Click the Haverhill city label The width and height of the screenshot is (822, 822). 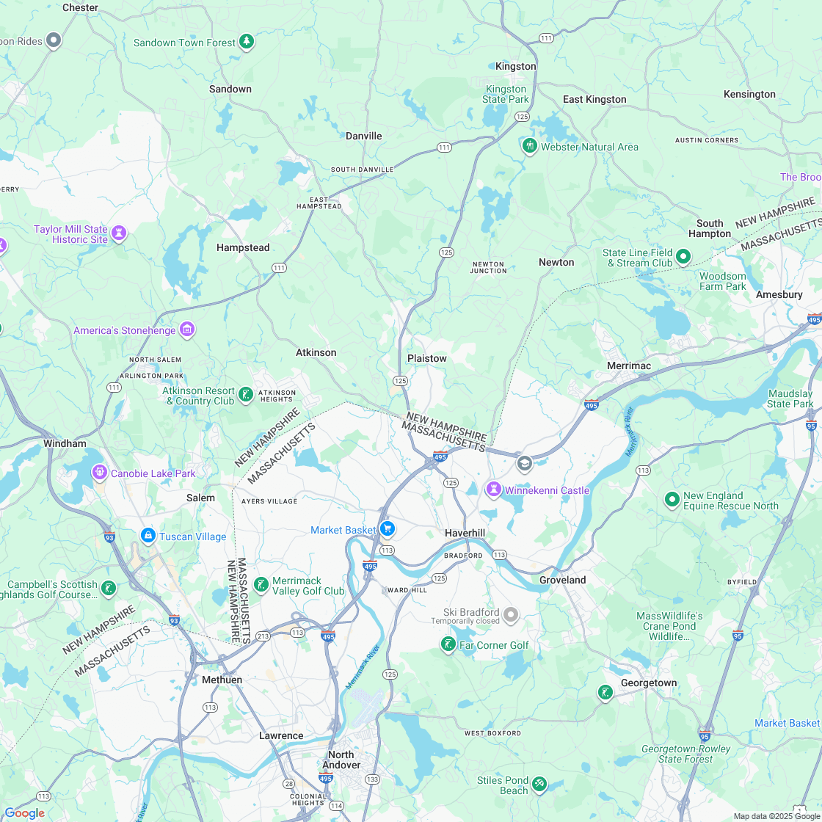465,533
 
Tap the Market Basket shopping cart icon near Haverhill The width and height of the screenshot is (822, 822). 388,529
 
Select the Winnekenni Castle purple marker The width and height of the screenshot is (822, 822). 495,490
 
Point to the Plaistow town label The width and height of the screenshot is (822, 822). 426,358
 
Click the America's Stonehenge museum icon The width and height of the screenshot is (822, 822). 187,330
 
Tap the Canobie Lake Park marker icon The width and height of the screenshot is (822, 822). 99,473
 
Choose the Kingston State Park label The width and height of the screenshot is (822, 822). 506,94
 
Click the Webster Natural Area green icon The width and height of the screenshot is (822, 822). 529,147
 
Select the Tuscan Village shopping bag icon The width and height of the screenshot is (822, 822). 148,537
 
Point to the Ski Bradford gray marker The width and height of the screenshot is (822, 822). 511,615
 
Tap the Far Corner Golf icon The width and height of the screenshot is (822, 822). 448,645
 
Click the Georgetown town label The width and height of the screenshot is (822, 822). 649,683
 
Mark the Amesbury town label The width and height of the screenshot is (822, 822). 779,294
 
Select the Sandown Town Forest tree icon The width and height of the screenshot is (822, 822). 247,42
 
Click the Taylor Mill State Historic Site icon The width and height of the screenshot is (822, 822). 119,234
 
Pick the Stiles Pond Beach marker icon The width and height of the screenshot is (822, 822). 539,785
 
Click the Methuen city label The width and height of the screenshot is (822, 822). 222,680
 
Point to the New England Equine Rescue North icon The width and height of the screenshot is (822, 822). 671,500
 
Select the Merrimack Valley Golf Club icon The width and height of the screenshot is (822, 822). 261,585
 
